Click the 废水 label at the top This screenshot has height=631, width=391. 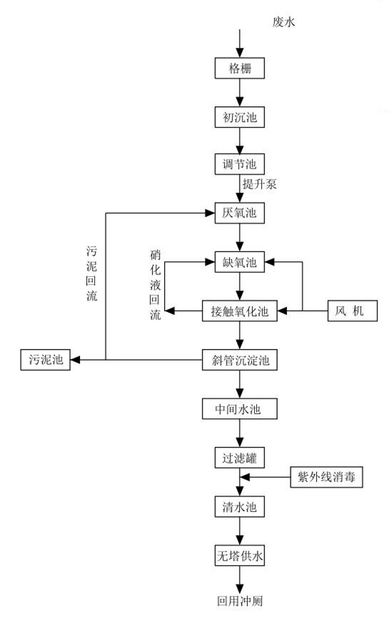tap(283, 22)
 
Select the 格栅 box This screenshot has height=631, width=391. tap(240, 69)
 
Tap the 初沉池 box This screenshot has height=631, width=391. tap(240, 116)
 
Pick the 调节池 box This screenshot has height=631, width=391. tap(240, 163)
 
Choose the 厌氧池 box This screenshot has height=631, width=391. tap(240, 212)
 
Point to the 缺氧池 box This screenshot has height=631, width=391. tap(240, 262)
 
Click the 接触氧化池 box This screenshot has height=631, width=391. tap(240, 311)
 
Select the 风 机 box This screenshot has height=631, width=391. tap(351, 311)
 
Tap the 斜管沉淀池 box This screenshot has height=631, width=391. tap(240, 360)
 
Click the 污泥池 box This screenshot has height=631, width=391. tap(45, 360)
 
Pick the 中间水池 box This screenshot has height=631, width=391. tap(240, 410)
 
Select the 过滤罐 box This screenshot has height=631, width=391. tap(240, 455)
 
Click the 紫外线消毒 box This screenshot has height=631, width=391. tap(327, 477)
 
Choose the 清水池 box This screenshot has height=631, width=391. tap(240, 508)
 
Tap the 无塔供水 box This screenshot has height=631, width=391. tap(240, 555)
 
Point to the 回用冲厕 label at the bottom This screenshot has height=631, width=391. tap(240, 600)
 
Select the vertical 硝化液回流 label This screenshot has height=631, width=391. tap(155, 285)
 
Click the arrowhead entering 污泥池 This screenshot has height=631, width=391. tap(75, 360)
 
